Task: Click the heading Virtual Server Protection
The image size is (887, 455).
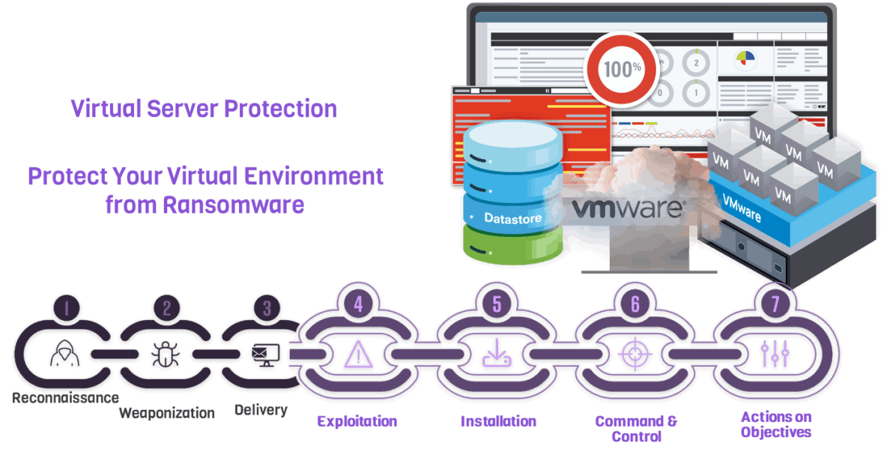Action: pyautogui.click(x=204, y=109)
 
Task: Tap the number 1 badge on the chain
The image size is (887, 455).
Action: pyautogui.click(x=67, y=307)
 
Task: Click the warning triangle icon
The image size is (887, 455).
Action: pyautogui.click(x=357, y=353)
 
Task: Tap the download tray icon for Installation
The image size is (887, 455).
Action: pyautogui.click(x=497, y=353)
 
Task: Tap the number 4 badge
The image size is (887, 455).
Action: pyautogui.click(x=358, y=303)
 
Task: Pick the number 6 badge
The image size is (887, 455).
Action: pyautogui.click(x=635, y=303)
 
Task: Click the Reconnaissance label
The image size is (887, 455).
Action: pyautogui.click(x=65, y=397)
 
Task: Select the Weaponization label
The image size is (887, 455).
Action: pyautogui.click(x=167, y=413)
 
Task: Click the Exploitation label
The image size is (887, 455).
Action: pyautogui.click(x=357, y=421)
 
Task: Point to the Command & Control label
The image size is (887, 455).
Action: pyautogui.click(x=635, y=428)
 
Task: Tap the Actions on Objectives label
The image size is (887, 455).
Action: pyautogui.click(x=775, y=424)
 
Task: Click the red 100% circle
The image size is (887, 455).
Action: pyautogui.click(x=623, y=69)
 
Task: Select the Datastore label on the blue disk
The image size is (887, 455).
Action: pyautogui.click(x=512, y=218)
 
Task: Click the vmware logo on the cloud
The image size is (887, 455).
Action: pyautogui.click(x=627, y=208)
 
